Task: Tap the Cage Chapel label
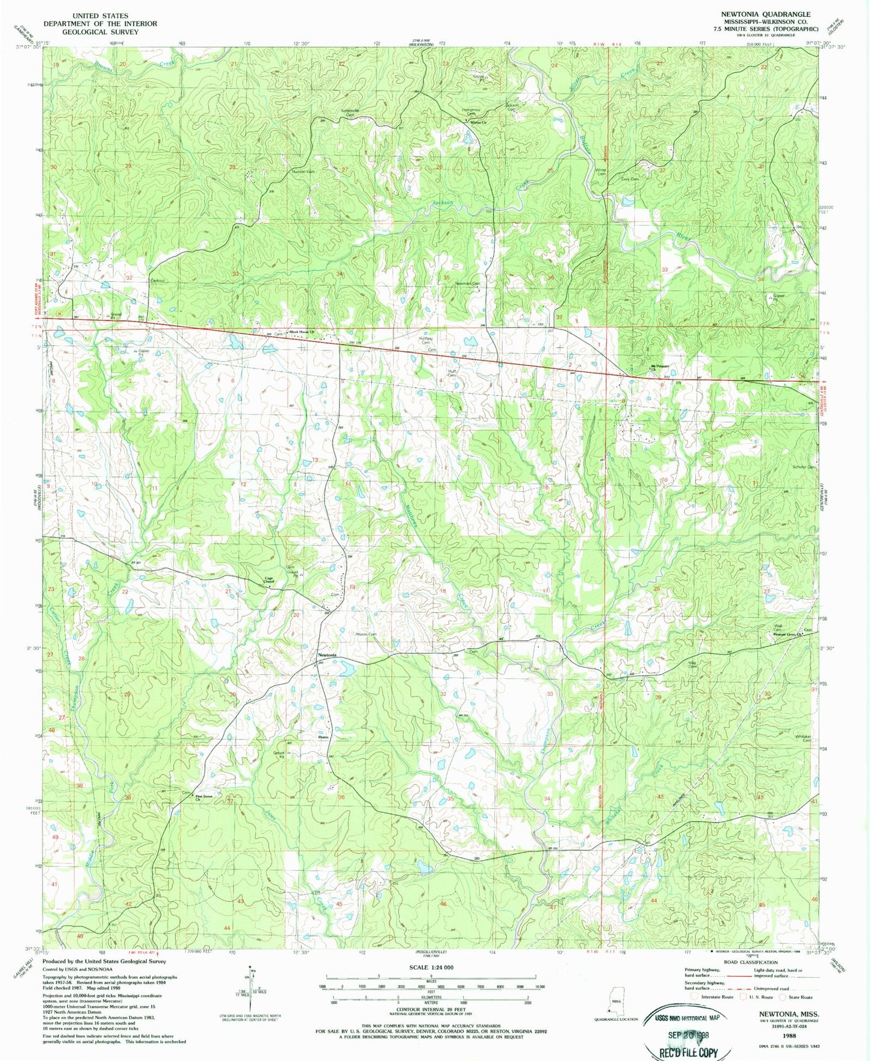(269, 580)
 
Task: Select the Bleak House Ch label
(302, 332)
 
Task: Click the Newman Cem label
(468, 283)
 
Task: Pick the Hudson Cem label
(303, 172)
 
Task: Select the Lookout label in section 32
(157, 281)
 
